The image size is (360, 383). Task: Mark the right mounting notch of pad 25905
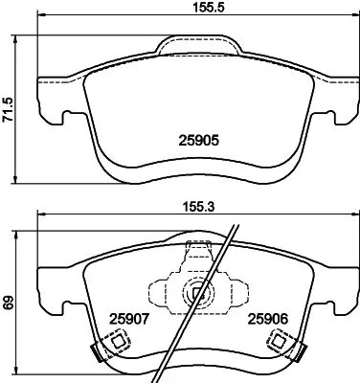click(x=337, y=118)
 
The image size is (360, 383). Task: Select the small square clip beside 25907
click(x=119, y=341)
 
